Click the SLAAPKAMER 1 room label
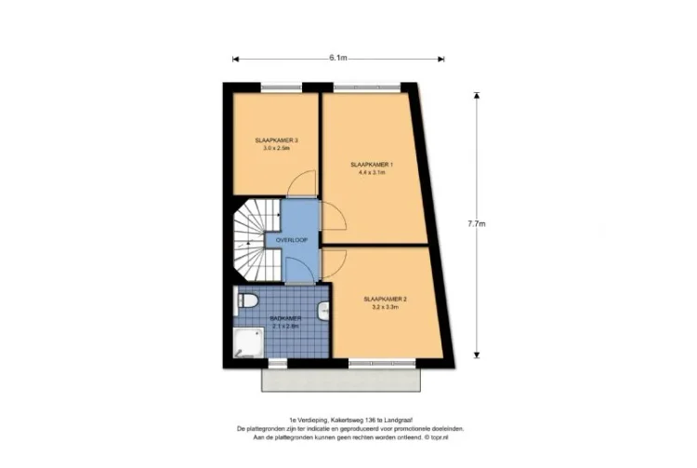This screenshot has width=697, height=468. pyautogui.click(x=372, y=164)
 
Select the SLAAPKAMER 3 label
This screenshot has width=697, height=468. pyautogui.click(x=276, y=140)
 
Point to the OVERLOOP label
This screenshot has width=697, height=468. pyautogui.click(x=292, y=240)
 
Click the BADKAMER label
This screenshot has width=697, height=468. pyautogui.click(x=285, y=318)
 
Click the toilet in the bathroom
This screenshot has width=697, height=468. pyautogui.click(x=247, y=300)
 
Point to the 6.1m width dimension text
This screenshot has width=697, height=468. pyautogui.click(x=337, y=58)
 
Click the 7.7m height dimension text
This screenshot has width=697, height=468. pyautogui.click(x=477, y=223)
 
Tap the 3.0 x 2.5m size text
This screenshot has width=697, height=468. pyautogui.click(x=276, y=148)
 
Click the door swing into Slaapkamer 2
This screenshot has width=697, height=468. pyautogui.click(x=334, y=263)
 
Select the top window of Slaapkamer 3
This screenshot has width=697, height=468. pyautogui.click(x=276, y=87)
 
